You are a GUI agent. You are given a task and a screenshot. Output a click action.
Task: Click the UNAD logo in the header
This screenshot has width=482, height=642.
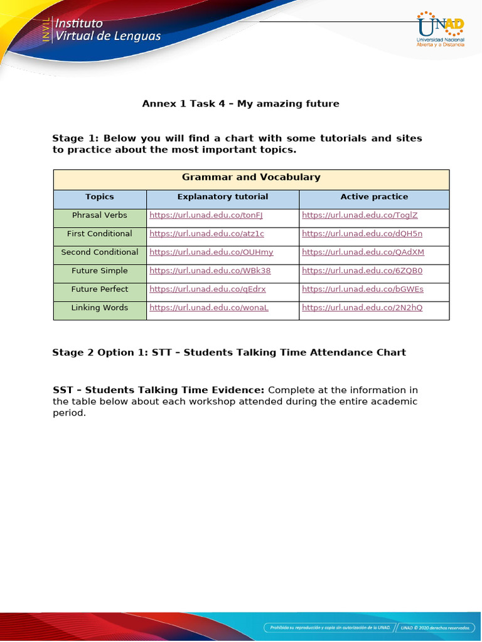(x=441, y=29)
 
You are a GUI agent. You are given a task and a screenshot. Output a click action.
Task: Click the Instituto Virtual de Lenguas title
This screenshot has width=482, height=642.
(x=108, y=29)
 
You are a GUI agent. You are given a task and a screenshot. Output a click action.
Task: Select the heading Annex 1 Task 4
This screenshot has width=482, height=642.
(x=240, y=103)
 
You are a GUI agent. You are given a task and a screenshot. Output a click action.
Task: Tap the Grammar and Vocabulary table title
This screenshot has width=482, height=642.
(x=251, y=177)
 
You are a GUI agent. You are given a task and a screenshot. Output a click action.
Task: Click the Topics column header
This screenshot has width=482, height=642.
(x=100, y=197)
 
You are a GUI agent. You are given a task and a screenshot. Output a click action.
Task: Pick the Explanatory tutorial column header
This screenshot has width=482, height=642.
(x=222, y=197)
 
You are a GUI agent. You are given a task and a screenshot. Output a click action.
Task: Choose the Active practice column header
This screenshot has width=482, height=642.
(x=374, y=197)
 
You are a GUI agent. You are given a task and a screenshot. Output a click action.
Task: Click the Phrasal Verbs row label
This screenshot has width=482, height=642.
(x=100, y=215)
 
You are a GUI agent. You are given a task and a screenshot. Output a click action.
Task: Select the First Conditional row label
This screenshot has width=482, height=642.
(x=100, y=234)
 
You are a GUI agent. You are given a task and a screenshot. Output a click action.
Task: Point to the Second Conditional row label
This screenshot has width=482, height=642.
(x=100, y=252)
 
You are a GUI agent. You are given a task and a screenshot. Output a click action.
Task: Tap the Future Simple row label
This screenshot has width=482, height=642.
(x=100, y=271)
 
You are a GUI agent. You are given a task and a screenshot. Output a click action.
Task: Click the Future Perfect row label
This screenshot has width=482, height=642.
(x=100, y=289)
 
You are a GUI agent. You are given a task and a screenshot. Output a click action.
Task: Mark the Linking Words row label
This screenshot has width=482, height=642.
(x=100, y=308)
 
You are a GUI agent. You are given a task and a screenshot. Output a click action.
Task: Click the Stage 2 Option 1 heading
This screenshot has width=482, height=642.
(x=229, y=352)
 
